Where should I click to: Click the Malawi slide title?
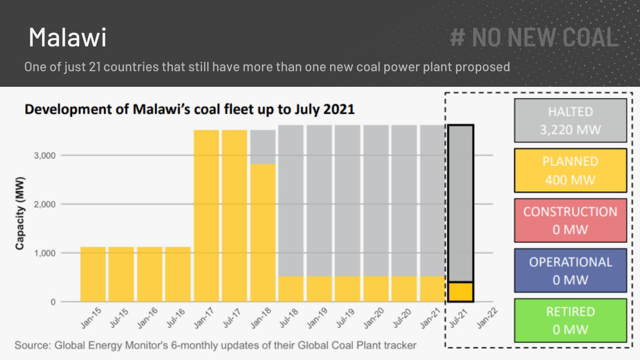[68, 38]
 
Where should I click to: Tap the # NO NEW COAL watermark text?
[534, 38]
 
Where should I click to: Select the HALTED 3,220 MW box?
[570, 120]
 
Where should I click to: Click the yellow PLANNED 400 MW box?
[570, 171]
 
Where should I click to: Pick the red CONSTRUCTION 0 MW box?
[570, 220]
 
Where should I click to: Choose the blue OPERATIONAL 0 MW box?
[570, 271]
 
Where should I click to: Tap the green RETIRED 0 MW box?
[570, 320]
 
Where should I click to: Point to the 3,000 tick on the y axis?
[45, 156]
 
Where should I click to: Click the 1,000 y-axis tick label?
[45, 253]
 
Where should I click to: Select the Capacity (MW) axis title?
[20, 213]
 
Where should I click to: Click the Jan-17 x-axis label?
[204, 318]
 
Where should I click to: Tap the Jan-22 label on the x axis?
[487, 318]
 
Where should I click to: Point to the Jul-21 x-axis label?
[458, 318]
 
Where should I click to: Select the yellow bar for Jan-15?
[93, 274]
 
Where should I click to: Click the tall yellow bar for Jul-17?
[234, 216]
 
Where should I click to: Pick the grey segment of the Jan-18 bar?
[263, 147]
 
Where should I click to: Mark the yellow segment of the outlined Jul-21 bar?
[460, 292]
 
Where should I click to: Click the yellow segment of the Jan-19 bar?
[319, 289]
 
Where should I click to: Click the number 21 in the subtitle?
[95, 67]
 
